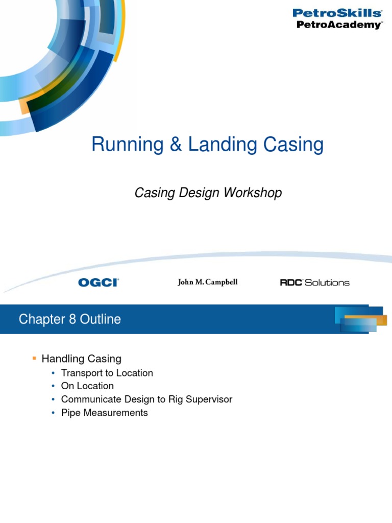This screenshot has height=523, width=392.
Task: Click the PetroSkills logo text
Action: click(x=336, y=13)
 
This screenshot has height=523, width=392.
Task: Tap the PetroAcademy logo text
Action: click(x=338, y=25)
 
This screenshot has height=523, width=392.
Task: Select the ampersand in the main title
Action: click(x=175, y=145)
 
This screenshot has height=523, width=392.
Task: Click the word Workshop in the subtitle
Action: click(x=255, y=193)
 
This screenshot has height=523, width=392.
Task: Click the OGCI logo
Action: click(x=99, y=282)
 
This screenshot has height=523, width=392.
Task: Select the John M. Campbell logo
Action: click(x=207, y=282)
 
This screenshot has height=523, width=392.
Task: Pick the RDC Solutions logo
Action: click(x=315, y=282)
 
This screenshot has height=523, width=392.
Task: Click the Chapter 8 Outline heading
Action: click(x=70, y=320)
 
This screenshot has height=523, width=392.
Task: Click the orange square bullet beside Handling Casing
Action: click(x=35, y=358)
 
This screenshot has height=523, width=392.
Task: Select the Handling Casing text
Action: click(x=81, y=359)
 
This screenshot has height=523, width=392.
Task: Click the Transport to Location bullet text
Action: click(x=107, y=373)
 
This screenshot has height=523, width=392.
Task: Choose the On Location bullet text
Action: click(x=87, y=386)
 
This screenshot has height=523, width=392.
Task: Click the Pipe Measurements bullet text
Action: click(x=104, y=413)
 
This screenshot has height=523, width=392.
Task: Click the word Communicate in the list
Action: click(x=90, y=399)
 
